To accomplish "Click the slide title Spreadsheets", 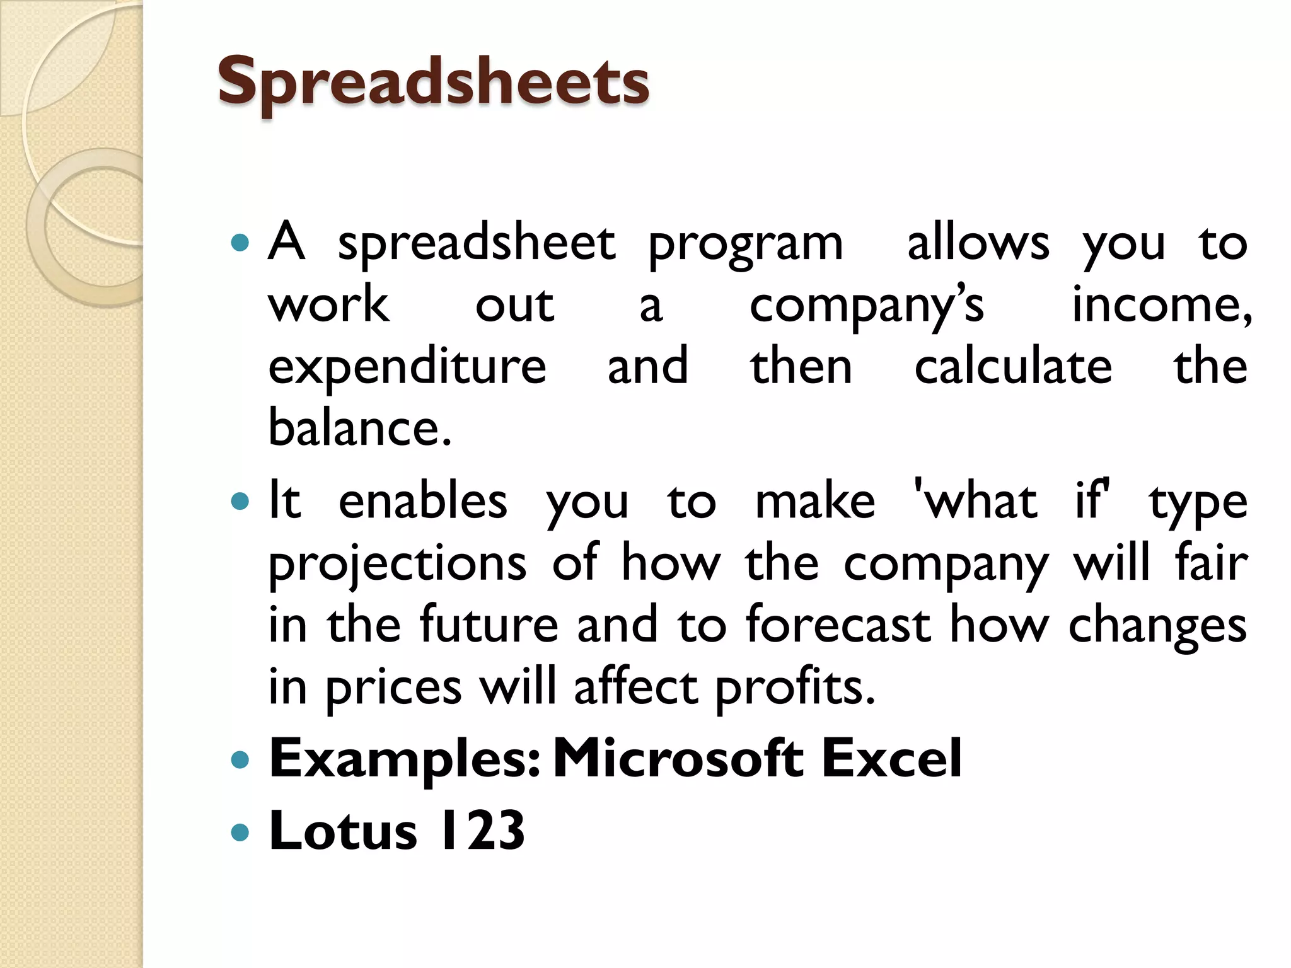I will pyautogui.click(x=433, y=82).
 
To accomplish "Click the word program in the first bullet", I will pyautogui.click(x=745, y=245).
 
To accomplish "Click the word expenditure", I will pyautogui.click(x=407, y=368).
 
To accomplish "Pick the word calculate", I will pyautogui.click(x=1013, y=367).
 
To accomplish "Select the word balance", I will pyautogui.click(x=359, y=428).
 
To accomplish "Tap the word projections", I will pyautogui.click(x=397, y=564).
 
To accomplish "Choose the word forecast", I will pyautogui.click(x=838, y=625).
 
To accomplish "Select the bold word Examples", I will pyautogui.click(x=404, y=759).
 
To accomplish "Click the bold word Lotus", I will pyautogui.click(x=343, y=831).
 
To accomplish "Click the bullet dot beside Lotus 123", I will pyautogui.click(x=240, y=833).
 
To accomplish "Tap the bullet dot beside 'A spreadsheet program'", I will pyautogui.click(x=240, y=243).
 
